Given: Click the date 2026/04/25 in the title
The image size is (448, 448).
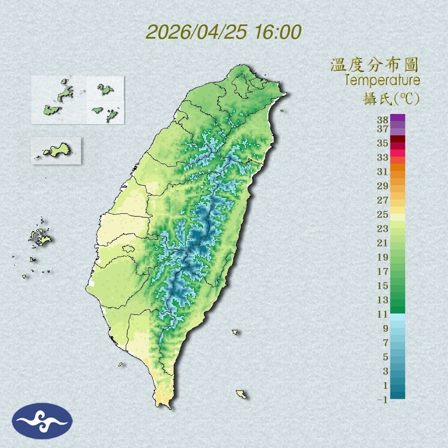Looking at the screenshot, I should click(196, 32).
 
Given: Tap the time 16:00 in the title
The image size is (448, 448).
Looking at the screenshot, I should click(276, 32).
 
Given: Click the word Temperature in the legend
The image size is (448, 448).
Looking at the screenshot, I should click(382, 80).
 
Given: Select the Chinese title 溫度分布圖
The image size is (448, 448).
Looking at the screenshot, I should click(375, 65).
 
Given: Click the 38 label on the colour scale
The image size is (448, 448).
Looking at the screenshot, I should click(382, 120).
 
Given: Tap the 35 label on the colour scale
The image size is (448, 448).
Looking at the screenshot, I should click(382, 143).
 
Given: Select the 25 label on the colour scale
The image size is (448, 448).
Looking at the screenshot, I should click(382, 214).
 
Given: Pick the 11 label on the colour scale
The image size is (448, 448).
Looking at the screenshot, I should click(382, 314).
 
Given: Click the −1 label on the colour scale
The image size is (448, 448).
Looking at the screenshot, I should click(382, 400).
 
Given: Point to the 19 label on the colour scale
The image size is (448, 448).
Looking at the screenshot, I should click(382, 257).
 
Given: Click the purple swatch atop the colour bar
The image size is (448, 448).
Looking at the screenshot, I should click(398, 118).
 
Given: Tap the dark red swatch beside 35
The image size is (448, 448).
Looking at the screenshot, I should click(398, 139).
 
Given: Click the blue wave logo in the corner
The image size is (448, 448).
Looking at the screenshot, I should click(42, 421).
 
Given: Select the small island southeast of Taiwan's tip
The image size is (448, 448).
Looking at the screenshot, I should click(241, 394).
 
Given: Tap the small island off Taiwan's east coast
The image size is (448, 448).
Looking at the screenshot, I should click(235, 332).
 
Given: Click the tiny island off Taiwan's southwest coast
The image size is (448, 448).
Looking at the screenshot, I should click(121, 364).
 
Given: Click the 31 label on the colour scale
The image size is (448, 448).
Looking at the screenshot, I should click(382, 171).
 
